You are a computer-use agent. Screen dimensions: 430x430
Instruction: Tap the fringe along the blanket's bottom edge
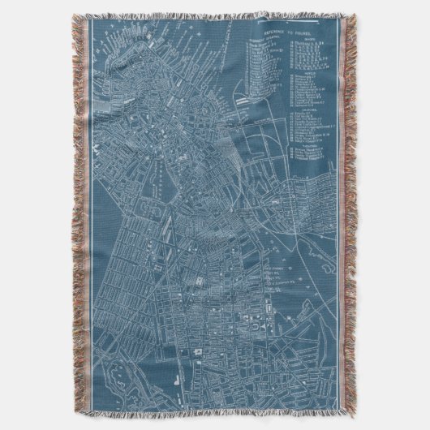point(215,426)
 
